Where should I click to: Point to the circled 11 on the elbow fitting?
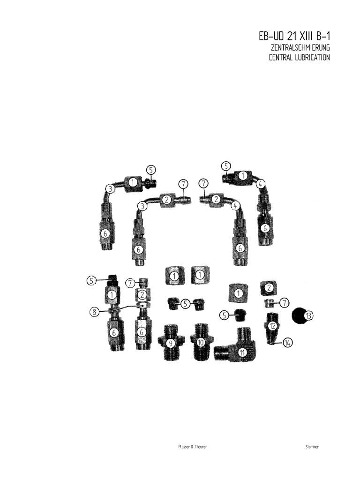pyautogui.click(x=242, y=352)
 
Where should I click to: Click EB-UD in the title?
pyautogui.click(x=272, y=36)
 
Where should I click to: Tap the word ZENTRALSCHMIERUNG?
pyautogui.click(x=300, y=48)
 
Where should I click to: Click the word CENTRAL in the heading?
pyautogui.click(x=281, y=58)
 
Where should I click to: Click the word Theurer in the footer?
pyautogui.click(x=200, y=447)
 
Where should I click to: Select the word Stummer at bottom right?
pyautogui.click(x=312, y=447)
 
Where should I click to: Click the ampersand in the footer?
pyautogui.click(x=189, y=447)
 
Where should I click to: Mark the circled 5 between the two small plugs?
pyautogui.click(x=185, y=304)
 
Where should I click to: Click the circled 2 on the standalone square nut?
pyautogui.click(x=269, y=287)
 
